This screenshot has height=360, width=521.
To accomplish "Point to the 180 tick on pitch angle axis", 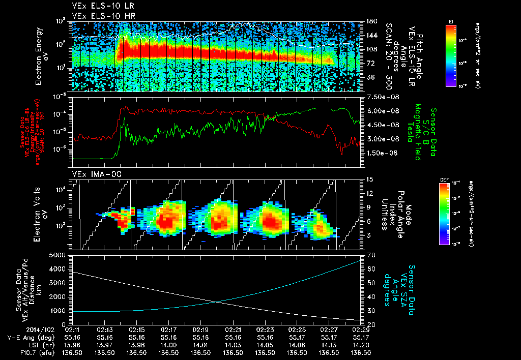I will (371, 21).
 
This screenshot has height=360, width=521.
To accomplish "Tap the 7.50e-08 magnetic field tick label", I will (381, 97).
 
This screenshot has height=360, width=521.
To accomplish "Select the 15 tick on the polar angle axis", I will (369, 179).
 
